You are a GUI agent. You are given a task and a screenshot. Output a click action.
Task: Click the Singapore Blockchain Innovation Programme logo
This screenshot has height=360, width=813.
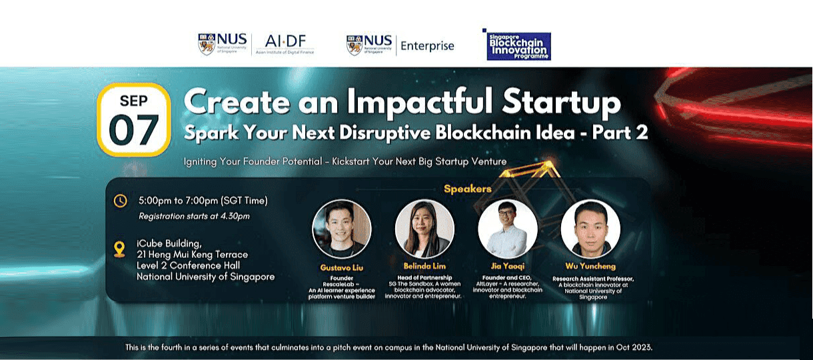pyautogui.click(x=518, y=46)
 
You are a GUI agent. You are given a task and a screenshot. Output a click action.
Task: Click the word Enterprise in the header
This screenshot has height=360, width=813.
pyautogui.click(x=427, y=46)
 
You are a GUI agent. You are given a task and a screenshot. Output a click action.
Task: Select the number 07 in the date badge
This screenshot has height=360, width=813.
pyautogui.click(x=133, y=130)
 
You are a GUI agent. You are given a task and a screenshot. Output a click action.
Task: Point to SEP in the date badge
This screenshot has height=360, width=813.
pyautogui.click(x=133, y=101)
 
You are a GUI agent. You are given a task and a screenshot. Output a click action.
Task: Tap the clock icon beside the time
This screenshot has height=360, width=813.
pyautogui.click(x=120, y=201)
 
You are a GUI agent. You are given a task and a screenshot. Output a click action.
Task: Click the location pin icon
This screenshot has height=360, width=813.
pyautogui.click(x=120, y=249)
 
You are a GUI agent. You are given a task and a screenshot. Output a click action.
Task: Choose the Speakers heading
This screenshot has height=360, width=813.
pyautogui.click(x=467, y=189)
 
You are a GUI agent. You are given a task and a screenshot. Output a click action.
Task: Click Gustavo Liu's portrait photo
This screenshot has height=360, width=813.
pyautogui.click(x=342, y=229)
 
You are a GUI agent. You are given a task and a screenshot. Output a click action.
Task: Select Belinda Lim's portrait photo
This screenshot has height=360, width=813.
pyautogui.click(x=424, y=229)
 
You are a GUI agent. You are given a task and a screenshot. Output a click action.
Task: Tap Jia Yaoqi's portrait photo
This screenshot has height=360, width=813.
pyautogui.click(x=508, y=229)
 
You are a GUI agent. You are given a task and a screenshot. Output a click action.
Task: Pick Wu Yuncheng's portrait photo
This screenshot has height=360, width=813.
pyautogui.click(x=590, y=229)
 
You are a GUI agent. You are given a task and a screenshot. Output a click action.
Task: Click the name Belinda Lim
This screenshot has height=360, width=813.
pyautogui.click(x=424, y=266)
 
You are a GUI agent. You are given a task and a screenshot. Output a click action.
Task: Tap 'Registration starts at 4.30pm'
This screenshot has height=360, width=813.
pyautogui.click(x=194, y=216)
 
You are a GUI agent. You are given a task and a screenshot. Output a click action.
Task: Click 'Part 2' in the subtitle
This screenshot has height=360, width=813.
pyautogui.click(x=619, y=133)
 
